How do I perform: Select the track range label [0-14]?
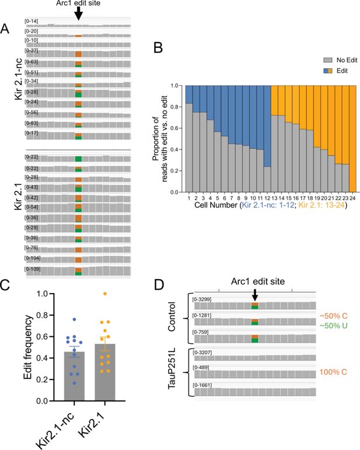[31, 22]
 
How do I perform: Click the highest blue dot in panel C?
[74, 319]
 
